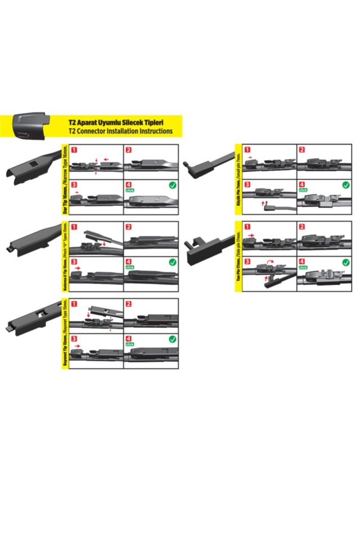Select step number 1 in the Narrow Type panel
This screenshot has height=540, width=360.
(x=74, y=150)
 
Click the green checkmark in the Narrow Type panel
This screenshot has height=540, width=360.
(x=173, y=184)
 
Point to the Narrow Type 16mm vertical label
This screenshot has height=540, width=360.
(x=65, y=180)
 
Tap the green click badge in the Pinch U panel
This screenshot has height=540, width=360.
(x=130, y=267)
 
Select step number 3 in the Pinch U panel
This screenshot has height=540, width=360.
(x=74, y=262)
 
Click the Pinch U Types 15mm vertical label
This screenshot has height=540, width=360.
(x=65, y=257)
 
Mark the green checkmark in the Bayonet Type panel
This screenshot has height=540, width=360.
(x=173, y=339)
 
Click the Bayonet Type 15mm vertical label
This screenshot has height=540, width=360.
(x=65, y=334)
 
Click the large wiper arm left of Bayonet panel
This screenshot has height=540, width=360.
(x=31, y=316)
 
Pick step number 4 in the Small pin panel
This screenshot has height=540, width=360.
(x=303, y=184)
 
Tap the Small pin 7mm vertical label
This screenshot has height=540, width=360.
(x=238, y=180)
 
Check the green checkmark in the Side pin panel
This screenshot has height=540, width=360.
(x=346, y=262)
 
